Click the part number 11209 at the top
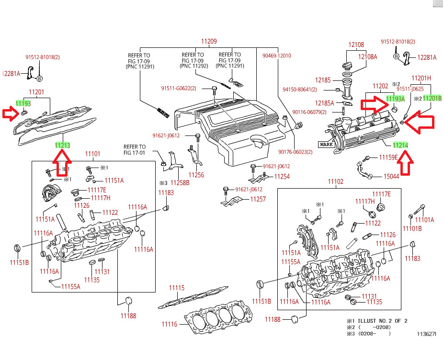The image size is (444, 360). point(209,41)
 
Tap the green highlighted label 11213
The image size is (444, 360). point(62,144)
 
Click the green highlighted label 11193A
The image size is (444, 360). point(396,99)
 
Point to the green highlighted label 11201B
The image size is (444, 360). point(433,98)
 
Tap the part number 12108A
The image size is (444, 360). point(368,56)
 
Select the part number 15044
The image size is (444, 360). point(391,177)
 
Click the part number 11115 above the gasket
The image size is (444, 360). point(176,288)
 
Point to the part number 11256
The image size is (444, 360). point(196,175)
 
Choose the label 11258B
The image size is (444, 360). point(181,183)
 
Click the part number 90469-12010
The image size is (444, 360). point(276,56)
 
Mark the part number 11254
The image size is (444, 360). point(282,177)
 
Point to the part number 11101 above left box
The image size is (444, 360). point(92,154)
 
